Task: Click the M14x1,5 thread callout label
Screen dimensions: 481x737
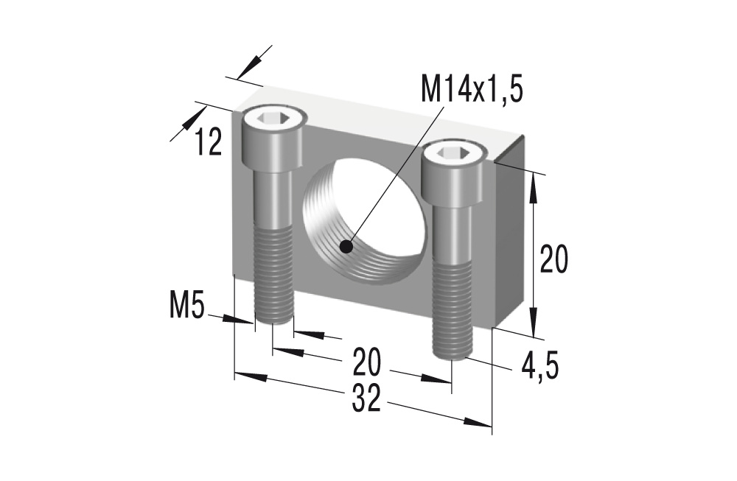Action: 472,88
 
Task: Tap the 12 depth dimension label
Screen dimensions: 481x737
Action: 208,141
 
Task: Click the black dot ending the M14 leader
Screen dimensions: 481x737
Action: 346,247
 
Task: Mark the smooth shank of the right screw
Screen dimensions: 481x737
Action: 451,228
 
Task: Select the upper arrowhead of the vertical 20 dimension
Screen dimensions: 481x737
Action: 534,187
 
